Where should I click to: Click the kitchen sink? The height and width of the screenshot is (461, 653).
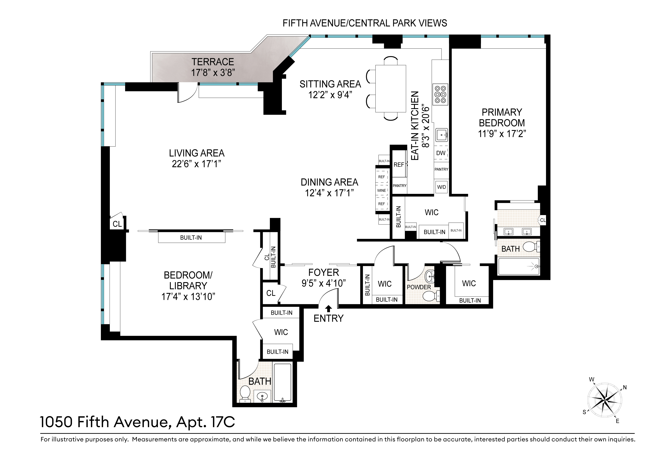(x=442, y=135)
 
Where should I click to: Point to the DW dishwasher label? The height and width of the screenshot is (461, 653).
(x=441, y=153)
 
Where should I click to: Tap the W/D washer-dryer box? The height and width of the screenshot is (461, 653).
(x=441, y=187)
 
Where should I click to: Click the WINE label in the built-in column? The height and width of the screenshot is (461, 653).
(x=382, y=190)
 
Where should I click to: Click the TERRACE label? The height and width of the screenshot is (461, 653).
(x=213, y=62)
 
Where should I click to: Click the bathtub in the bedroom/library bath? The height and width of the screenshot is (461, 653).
(x=283, y=383)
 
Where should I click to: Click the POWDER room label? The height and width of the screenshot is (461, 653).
(x=419, y=287)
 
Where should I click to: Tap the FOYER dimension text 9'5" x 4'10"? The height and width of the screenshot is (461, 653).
(x=324, y=283)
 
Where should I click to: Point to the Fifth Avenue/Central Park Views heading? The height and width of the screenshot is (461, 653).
(x=365, y=23)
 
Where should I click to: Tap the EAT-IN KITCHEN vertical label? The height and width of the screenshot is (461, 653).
(x=416, y=126)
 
